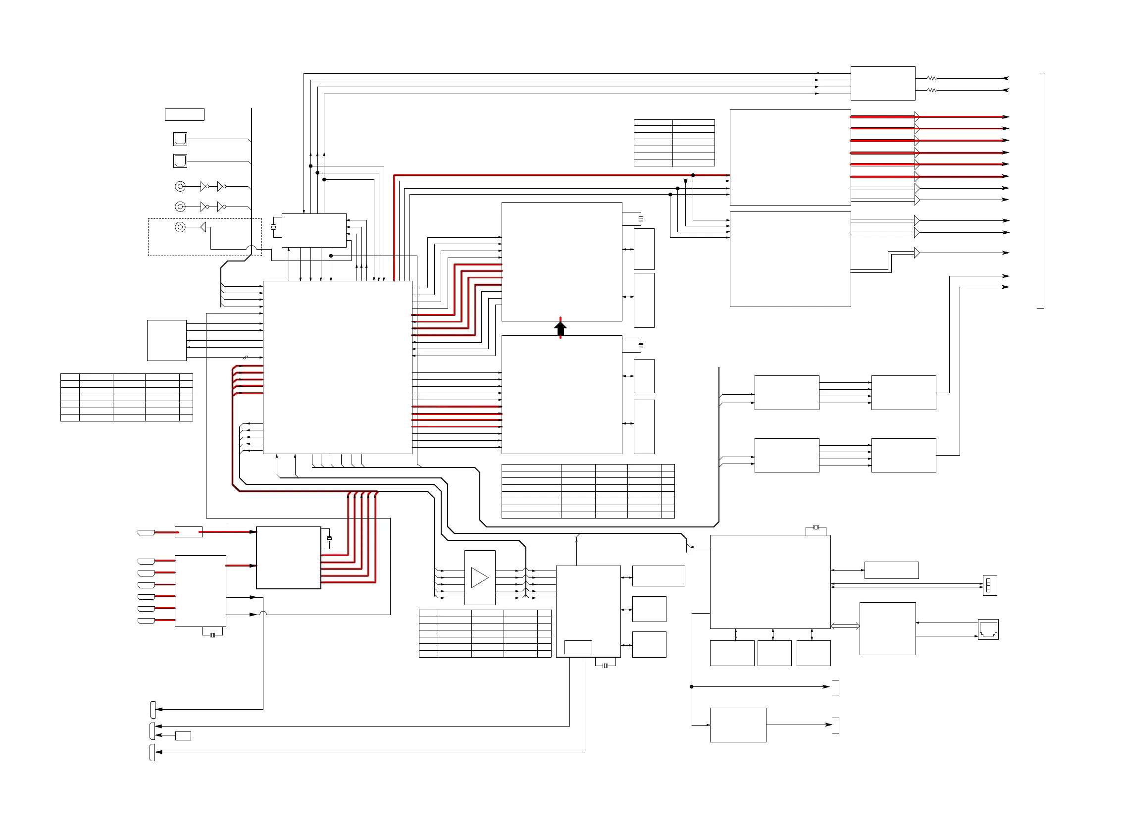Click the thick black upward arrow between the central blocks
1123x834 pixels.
[560, 328]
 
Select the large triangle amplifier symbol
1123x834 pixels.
[479, 577]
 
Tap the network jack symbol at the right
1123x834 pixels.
[988, 629]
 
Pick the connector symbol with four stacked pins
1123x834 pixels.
[989, 585]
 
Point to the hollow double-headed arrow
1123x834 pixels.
[844, 626]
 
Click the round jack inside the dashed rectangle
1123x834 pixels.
[180, 227]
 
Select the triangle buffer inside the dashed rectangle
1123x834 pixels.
[203, 227]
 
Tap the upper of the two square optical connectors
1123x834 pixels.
[180, 138]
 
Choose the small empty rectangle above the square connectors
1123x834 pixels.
[184, 114]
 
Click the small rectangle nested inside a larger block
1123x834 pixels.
[577, 647]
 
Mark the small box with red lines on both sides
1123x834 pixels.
[188, 531]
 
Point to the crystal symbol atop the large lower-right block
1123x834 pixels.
[816, 527]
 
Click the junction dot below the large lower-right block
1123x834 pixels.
[691, 686]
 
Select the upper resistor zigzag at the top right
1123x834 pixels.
[932, 78]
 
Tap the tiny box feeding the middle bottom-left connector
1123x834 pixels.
[183, 735]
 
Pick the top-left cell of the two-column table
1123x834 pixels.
[653, 122]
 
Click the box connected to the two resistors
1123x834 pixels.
[882, 83]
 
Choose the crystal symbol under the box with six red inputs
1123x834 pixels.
[212, 635]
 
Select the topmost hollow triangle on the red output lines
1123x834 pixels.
[917, 116]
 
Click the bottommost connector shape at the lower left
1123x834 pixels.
[152, 752]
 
